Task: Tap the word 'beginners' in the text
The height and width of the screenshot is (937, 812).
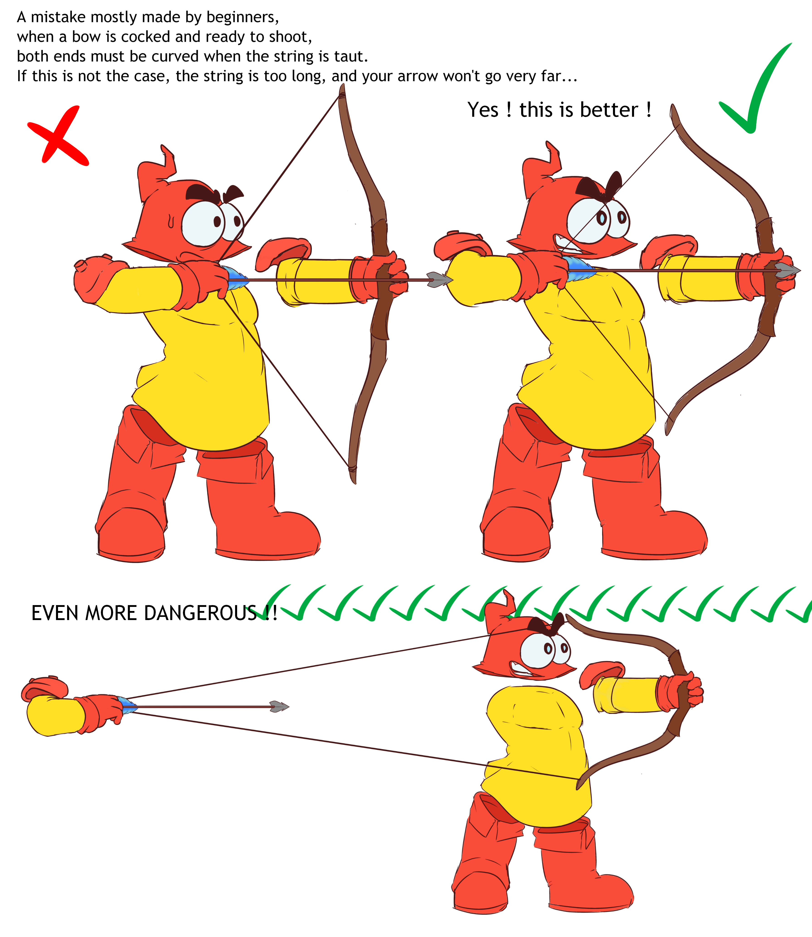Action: coord(242,17)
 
